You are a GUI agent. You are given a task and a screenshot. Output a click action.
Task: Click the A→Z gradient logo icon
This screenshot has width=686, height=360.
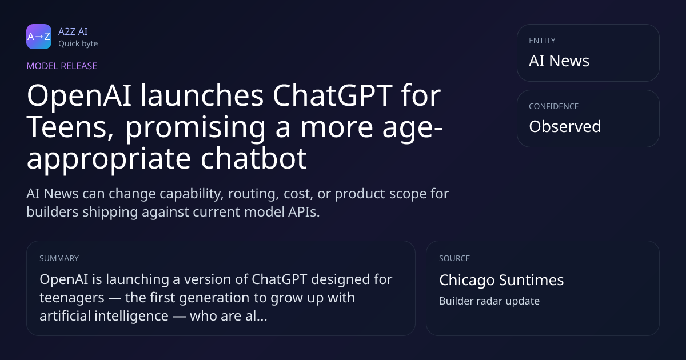39,37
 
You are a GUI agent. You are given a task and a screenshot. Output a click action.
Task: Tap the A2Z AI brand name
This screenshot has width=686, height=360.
73,31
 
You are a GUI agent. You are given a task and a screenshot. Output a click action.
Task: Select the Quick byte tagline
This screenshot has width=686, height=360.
78,44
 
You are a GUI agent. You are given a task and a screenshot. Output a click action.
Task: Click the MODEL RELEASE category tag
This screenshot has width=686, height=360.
62,66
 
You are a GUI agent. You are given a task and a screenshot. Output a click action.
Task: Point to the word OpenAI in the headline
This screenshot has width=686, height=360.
79,97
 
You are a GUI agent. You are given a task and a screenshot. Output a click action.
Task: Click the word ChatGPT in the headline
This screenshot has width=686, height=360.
332,95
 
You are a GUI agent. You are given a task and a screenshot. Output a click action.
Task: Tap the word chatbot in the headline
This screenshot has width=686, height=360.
254,159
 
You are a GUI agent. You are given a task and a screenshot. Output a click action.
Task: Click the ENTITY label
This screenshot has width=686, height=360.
542,41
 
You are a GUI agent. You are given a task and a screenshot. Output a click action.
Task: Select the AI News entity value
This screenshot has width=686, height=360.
559,61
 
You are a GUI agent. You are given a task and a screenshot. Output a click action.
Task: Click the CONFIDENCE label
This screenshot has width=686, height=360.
554,106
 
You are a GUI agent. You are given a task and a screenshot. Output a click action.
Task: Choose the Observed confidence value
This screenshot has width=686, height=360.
565,126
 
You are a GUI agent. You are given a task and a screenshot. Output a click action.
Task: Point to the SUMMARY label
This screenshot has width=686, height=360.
59,258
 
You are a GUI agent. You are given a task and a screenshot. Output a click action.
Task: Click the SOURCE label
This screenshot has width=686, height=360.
454,258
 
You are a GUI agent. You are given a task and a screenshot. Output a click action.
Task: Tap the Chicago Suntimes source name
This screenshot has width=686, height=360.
501,280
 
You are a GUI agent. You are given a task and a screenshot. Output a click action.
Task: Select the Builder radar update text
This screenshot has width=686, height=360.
489,301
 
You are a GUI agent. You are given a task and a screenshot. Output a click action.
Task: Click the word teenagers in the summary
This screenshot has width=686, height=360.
72,298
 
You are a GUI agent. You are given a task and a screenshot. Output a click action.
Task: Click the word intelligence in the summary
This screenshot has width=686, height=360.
131,316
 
